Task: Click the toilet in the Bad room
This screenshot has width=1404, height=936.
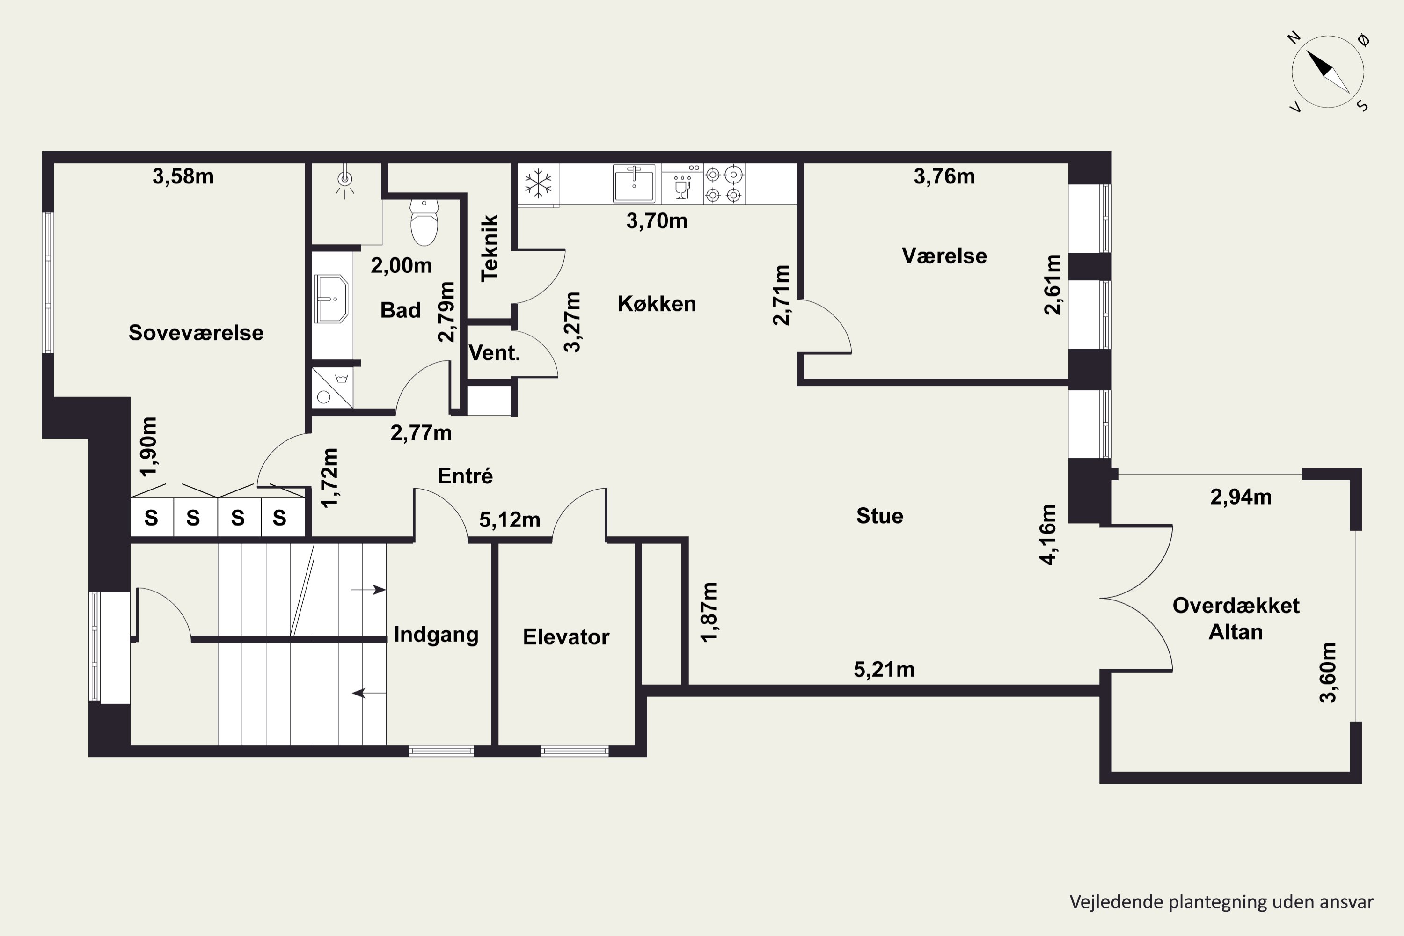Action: [x=424, y=223]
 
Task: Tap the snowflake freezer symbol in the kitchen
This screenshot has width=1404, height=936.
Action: [x=538, y=183]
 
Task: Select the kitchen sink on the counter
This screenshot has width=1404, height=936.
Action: [x=634, y=183]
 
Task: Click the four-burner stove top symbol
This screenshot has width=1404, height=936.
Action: [x=724, y=184]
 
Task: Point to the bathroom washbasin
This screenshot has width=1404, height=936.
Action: [x=331, y=299]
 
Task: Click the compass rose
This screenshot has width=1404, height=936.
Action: [x=1328, y=72]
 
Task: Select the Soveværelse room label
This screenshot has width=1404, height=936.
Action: [x=196, y=332]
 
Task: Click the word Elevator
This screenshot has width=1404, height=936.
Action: [x=566, y=637]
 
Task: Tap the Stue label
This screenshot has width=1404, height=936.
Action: [x=879, y=516]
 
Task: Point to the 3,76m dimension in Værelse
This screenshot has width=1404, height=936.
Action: [x=944, y=177]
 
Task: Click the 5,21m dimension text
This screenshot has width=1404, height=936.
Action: [x=884, y=670]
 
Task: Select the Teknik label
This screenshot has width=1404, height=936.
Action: [x=489, y=248]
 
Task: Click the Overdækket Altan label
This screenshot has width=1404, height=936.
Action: [x=1236, y=618]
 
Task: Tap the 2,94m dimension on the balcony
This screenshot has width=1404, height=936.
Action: [x=1241, y=497]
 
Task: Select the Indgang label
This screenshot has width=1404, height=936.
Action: [x=436, y=635]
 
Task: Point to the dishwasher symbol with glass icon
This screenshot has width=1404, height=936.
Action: [x=682, y=184]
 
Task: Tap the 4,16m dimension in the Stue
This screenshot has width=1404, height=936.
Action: [x=1048, y=535]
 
